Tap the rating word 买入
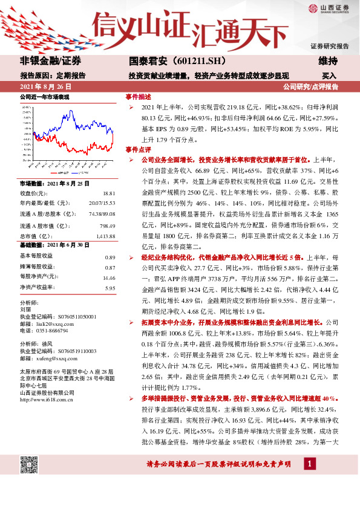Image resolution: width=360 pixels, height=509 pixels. [x=329, y=76]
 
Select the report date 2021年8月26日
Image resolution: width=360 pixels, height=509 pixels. [x=50, y=87]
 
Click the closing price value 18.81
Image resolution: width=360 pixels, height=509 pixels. [x=109, y=192]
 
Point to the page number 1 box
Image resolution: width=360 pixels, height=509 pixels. [x=309, y=464]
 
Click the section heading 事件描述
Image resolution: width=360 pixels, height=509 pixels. [x=138, y=97]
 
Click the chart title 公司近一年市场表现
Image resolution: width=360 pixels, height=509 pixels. [x=45, y=97]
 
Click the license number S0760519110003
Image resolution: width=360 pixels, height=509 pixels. [x=67, y=351]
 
